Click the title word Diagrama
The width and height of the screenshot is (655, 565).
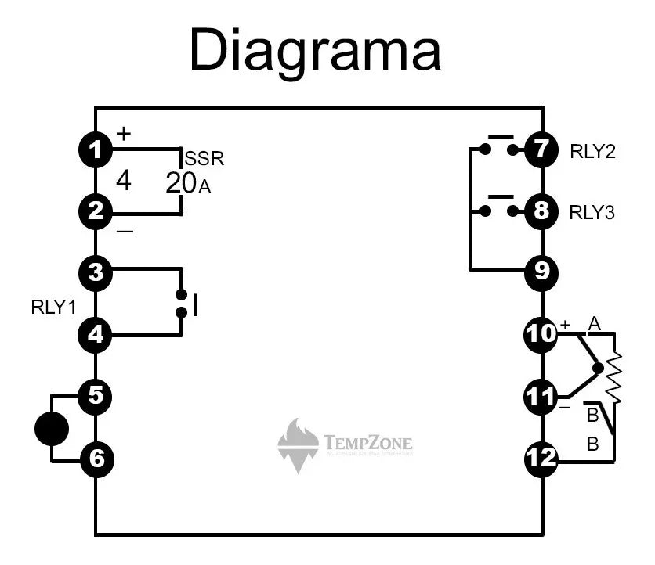point(315,51)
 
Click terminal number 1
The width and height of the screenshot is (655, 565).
point(96,149)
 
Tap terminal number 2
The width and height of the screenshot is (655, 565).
point(96,211)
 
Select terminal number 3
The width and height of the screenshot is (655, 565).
point(96,272)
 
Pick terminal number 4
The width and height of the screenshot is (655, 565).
point(96,335)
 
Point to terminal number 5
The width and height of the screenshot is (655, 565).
point(96,396)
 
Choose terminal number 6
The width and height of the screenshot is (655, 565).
point(96,459)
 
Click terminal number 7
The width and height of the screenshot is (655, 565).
point(541,149)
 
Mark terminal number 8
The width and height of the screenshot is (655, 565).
point(541,211)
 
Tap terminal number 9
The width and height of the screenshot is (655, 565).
point(541,272)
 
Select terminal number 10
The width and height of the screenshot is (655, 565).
point(541,334)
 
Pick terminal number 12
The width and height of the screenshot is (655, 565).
point(541,458)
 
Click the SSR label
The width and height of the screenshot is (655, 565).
point(204,159)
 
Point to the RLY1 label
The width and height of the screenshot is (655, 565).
point(53,307)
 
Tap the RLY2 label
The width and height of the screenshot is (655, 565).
point(592,151)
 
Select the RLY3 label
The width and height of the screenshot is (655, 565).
point(592,212)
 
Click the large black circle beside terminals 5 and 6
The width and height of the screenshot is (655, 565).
point(52,429)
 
